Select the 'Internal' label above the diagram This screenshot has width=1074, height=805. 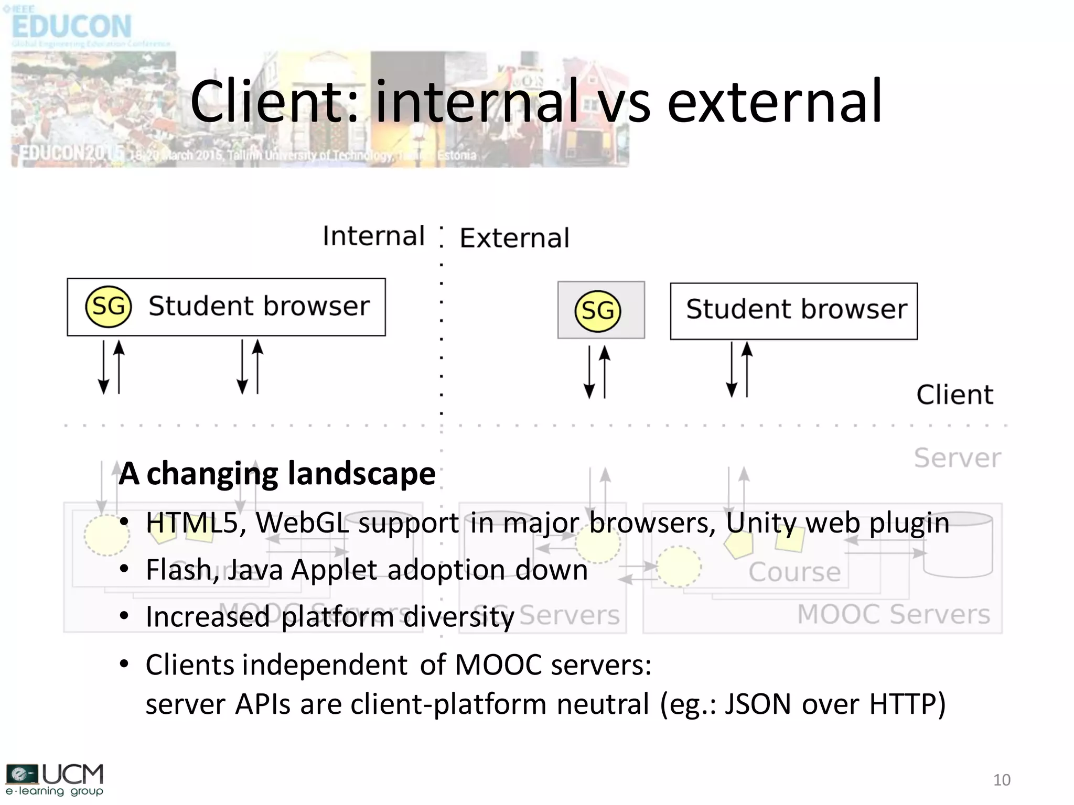coord(373,236)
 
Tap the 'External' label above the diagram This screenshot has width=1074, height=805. coord(514,238)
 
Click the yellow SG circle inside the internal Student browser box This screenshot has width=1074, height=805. coord(108,307)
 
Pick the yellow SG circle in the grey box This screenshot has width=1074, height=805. coord(597,311)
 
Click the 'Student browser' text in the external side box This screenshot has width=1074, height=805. coord(796,310)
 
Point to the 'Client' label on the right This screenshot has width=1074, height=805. coord(954,395)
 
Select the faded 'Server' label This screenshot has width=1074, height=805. coord(958,458)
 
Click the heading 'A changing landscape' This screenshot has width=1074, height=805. coord(277,474)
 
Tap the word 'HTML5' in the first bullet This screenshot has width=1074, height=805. coord(192,523)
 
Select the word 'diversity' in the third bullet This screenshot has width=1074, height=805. coord(459,617)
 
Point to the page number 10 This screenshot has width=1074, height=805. coord(1002,780)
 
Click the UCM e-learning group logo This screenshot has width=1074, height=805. coord(55,779)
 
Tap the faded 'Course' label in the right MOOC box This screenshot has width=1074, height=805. coord(794,572)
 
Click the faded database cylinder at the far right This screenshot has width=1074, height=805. coord(958,545)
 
